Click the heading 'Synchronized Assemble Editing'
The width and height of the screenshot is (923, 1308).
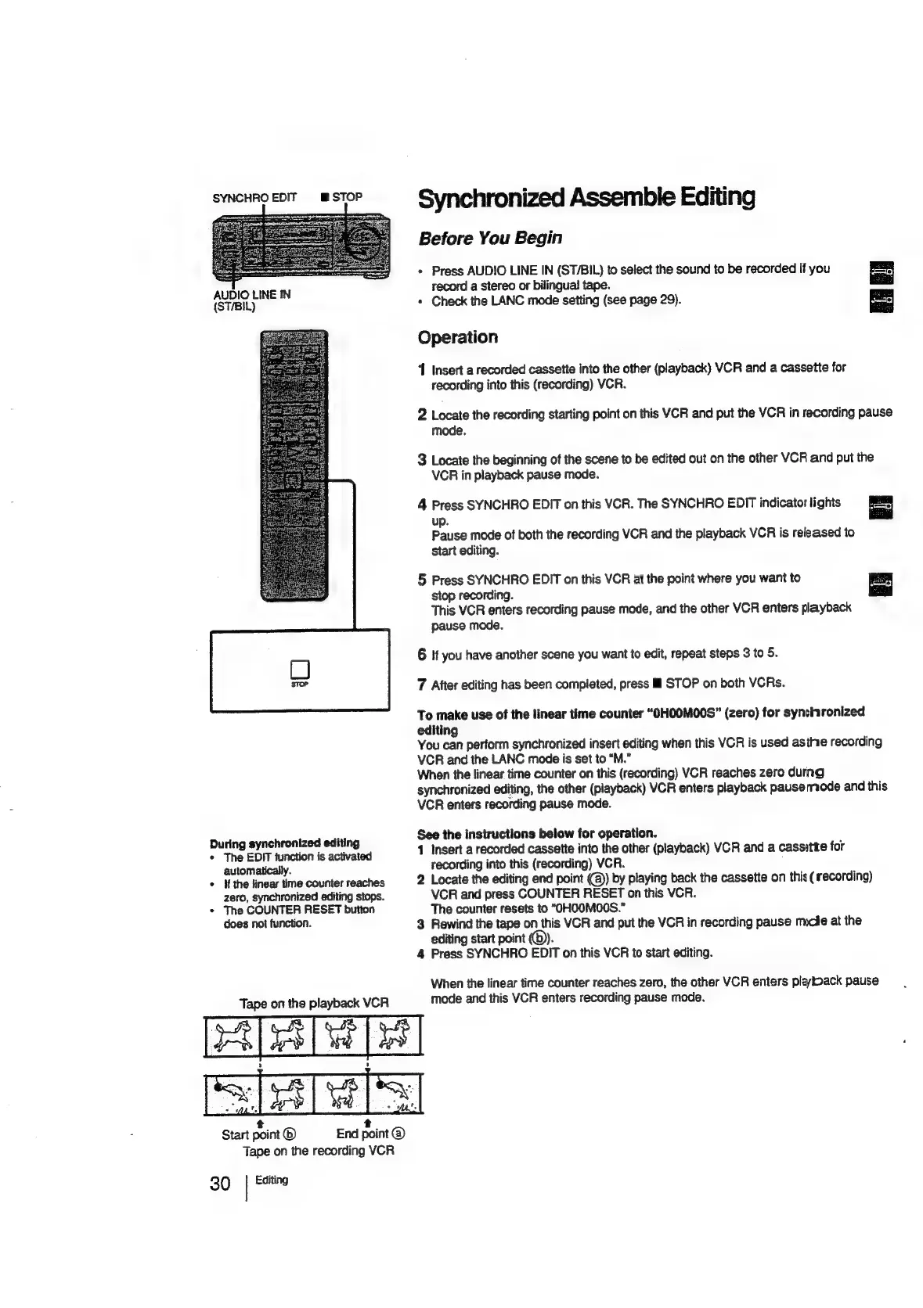(x=586, y=198)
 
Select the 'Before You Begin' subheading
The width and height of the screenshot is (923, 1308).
(x=489, y=238)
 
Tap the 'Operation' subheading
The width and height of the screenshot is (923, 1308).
(x=457, y=337)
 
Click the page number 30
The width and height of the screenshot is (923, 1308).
(x=220, y=1183)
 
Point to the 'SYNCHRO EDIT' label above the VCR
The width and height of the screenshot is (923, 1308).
(x=254, y=197)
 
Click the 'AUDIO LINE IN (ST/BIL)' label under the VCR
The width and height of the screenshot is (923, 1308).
(x=251, y=300)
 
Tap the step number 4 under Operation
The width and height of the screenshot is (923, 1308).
(x=421, y=505)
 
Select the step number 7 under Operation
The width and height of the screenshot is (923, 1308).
(x=421, y=685)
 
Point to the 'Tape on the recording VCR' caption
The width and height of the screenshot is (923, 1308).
(x=319, y=1151)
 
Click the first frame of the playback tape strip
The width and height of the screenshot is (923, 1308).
(x=232, y=1035)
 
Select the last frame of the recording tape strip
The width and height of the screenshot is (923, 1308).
(x=395, y=1094)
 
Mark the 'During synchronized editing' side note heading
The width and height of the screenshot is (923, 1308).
(x=284, y=843)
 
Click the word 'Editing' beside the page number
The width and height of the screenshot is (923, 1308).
(x=271, y=1180)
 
